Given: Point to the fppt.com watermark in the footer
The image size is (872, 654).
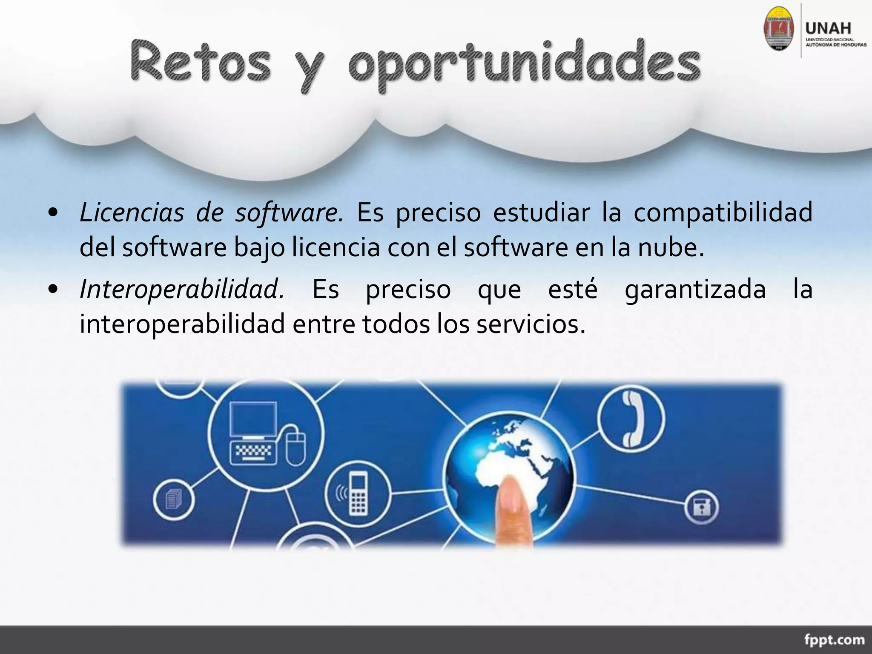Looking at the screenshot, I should click(835, 640).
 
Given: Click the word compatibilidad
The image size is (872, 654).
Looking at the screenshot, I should click(723, 212).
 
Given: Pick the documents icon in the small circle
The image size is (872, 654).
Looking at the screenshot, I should click(174, 498).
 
